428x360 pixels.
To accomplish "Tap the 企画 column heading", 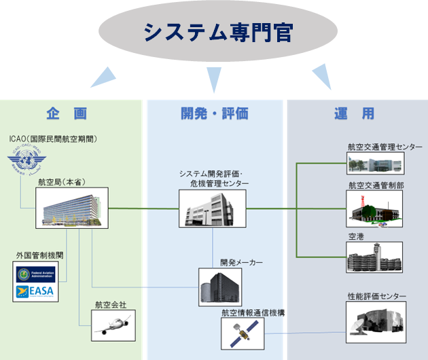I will (67, 113).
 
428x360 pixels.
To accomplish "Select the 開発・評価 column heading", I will (214, 113).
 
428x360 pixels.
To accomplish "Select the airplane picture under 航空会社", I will (109, 325).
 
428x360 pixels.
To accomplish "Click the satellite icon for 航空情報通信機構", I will (242, 332).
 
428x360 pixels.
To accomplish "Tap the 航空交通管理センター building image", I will (374, 163).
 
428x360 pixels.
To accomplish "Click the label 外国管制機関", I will (40, 255).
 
